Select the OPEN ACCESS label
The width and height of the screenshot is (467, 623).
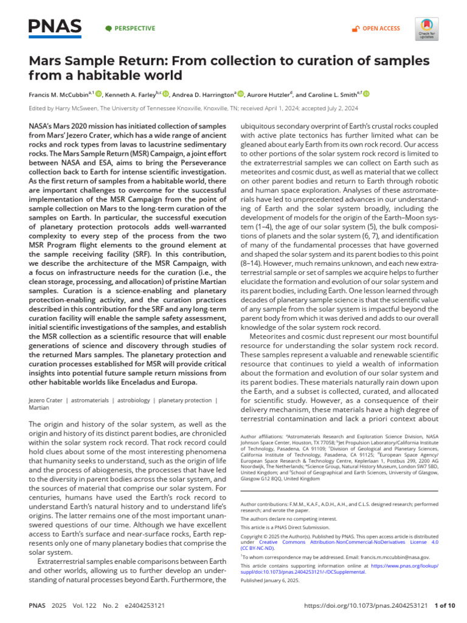pyautogui.click(x=381, y=28)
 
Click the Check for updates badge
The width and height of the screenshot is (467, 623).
pyautogui.click(x=426, y=28)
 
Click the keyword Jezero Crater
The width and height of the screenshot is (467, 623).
pyautogui.click(x=48, y=400)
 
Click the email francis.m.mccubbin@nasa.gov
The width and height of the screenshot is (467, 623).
pyautogui.click(x=395, y=557)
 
